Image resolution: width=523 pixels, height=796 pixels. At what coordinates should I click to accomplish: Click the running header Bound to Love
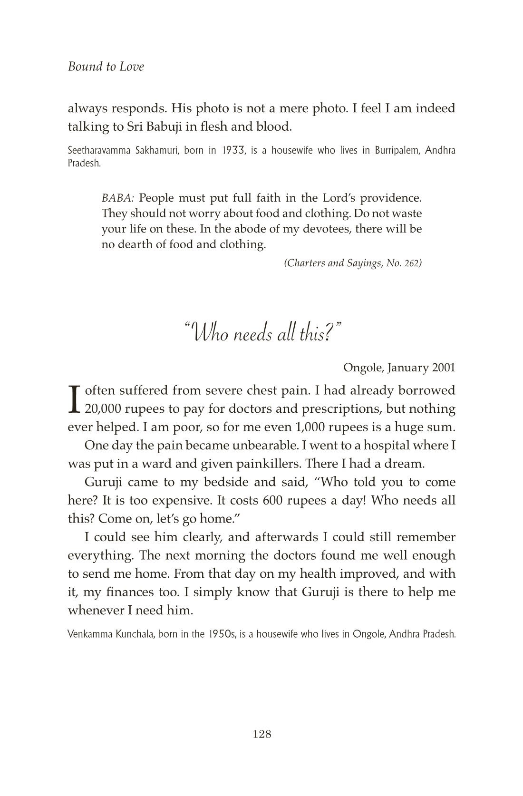[106, 67]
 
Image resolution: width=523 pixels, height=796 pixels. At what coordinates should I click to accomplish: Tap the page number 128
[262, 734]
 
